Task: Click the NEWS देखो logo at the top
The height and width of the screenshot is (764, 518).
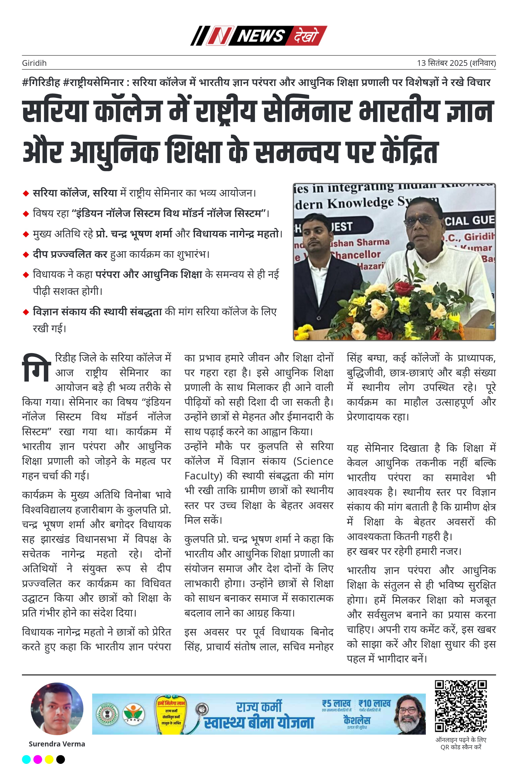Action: click(x=259, y=36)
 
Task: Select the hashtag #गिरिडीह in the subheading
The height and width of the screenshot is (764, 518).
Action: click(x=41, y=82)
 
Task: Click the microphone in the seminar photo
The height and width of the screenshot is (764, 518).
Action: click(x=410, y=246)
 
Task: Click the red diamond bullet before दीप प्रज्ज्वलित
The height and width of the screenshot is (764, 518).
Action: click(x=26, y=255)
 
